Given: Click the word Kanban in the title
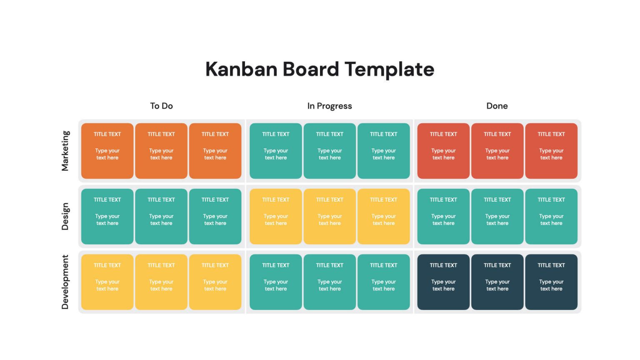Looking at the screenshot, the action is pyautogui.click(x=241, y=69).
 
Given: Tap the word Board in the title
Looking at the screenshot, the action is pyautogui.click(x=311, y=69).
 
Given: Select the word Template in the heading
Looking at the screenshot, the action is pyautogui.click(x=390, y=70).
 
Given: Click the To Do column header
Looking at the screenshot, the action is pyautogui.click(x=161, y=106).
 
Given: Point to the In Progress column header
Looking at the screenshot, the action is pyautogui.click(x=330, y=106).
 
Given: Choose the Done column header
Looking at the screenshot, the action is pyautogui.click(x=497, y=106).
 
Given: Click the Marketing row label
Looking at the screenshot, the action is pyautogui.click(x=65, y=151).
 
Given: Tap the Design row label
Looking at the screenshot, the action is pyautogui.click(x=65, y=216).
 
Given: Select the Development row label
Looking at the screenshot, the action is pyautogui.click(x=65, y=282).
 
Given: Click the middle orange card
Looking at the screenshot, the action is pyautogui.click(x=161, y=151).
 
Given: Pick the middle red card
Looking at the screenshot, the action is pyautogui.click(x=497, y=151).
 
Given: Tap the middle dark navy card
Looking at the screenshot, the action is pyautogui.click(x=497, y=282).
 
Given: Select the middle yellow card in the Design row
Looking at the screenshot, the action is pyautogui.click(x=330, y=216).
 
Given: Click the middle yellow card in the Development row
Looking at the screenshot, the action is pyautogui.click(x=161, y=282).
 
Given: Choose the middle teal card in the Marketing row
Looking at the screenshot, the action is pyautogui.click(x=330, y=151).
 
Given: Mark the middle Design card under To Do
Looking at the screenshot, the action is pyautogui.click(x=161, y=216).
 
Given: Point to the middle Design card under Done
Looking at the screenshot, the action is pyautogui.click(x=497, y=216).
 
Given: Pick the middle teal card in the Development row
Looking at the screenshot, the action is pyautogui.click(x=330, y=282).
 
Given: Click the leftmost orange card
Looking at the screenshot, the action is pyautogui.click(x=107, y=151).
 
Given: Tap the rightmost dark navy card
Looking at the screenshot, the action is pyautogui.click(x=551, y=282).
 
